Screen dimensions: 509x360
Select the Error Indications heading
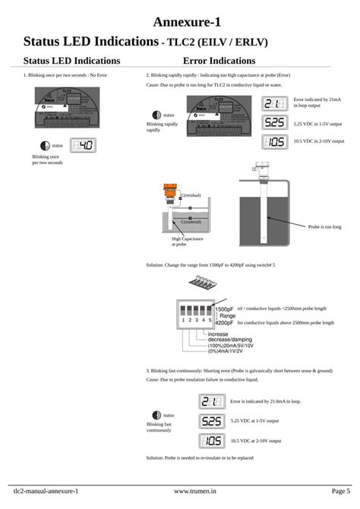[x=219, y=60]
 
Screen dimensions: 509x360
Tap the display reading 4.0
[x=83, y=145]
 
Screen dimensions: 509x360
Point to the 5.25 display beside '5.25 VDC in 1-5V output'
[x=275, y=122]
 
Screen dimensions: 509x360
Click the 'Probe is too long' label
[x=324, y=226]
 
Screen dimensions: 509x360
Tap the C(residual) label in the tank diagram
[x=191, y=196]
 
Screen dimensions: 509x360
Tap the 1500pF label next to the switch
[x=224, y=309]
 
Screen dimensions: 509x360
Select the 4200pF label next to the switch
[x=224, y=322]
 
